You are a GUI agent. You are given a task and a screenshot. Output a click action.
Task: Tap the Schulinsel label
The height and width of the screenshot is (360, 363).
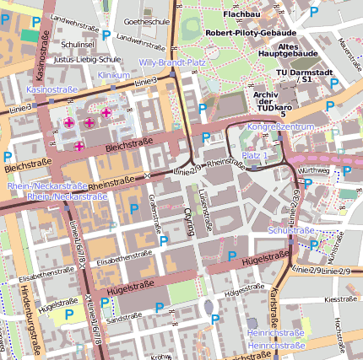click(77, 45)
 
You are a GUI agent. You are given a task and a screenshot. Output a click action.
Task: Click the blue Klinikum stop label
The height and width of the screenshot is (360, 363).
click(114, 75)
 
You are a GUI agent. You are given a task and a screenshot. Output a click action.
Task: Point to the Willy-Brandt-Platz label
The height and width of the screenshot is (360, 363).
click(172, 62)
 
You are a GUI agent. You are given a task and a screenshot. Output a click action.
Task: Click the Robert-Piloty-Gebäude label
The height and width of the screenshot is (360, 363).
click(252, 32)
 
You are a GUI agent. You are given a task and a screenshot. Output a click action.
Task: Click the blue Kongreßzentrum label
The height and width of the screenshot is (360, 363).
click(281, 126)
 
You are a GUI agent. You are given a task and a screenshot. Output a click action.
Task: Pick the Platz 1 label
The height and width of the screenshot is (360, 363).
click(255, 156)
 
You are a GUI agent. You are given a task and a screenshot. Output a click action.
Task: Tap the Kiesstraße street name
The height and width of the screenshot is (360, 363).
click(340, 298)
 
